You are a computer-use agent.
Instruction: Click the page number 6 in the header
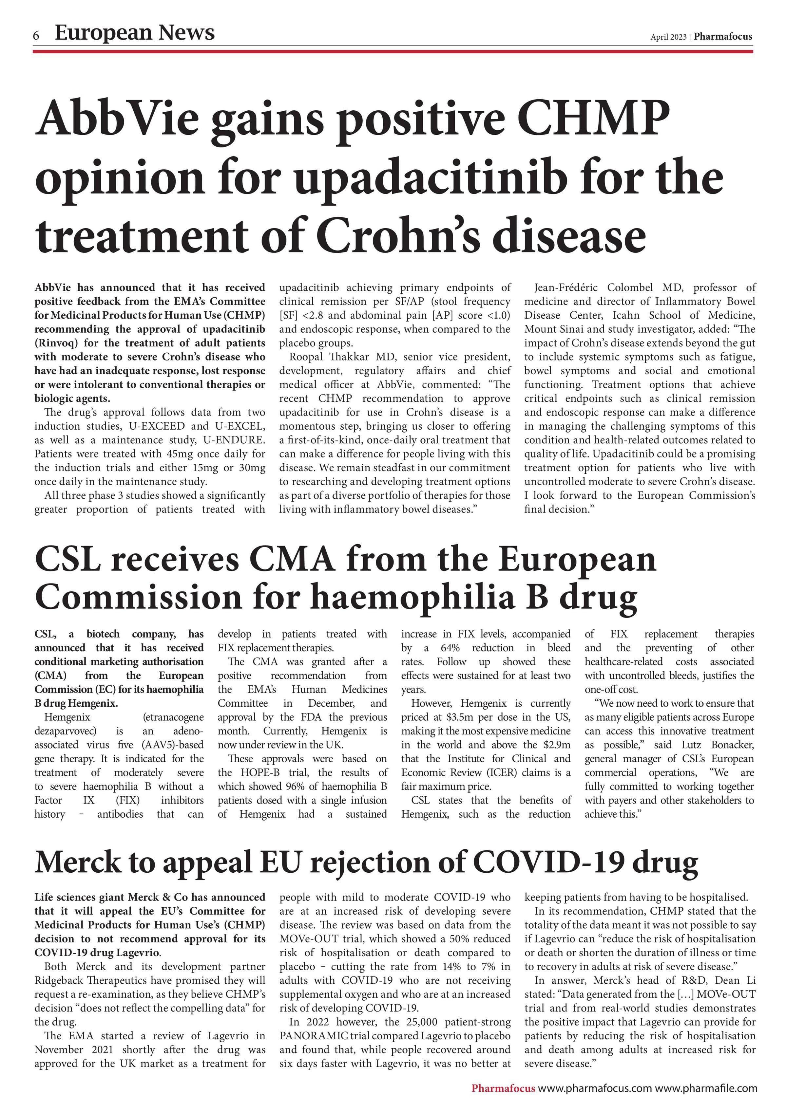pos(36,35)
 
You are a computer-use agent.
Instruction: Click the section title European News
pos(134,32)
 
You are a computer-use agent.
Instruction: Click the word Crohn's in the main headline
pos(398,236)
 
